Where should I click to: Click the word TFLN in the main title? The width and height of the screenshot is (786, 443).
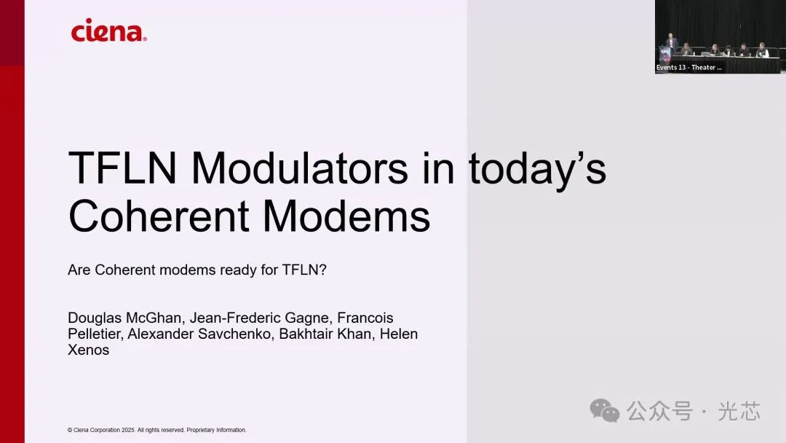pyautogui.click(x=122, y=168)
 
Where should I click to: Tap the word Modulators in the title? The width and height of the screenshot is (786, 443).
pyautogui.click(x=300, y=168)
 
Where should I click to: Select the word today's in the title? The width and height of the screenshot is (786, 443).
pyautogui.click(x=537, y=170)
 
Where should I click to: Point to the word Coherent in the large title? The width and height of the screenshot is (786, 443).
pyautogui.click(x=159, y=216)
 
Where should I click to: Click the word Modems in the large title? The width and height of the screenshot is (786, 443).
pyautogui.click(x=346, y=216)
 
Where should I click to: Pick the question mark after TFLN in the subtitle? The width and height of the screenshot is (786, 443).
pyautogui.click(x=323, y=270)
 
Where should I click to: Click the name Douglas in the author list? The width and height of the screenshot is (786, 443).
pyautogui.click(x=95, y=318)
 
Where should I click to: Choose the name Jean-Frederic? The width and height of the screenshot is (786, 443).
pyautogui.click(x=234, y=318)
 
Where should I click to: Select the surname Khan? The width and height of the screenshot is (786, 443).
pyautogui.click(x=357, y=334)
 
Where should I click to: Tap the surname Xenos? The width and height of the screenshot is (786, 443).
pyautogui.click(x=88, y=350)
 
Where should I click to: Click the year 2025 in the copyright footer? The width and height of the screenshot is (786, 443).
pyautogui.click(x=128, y=430)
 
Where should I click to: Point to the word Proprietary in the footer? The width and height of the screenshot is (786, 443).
pyautogui.click(x=201, y=430)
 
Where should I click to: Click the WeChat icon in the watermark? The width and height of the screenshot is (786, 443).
pyautogui.click(x=605, y=411)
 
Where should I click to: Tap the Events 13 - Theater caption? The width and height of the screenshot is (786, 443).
pyautogui.click(x=688, y=67)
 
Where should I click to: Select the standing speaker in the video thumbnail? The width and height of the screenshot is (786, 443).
pyautogui.click(x=671, y=42)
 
